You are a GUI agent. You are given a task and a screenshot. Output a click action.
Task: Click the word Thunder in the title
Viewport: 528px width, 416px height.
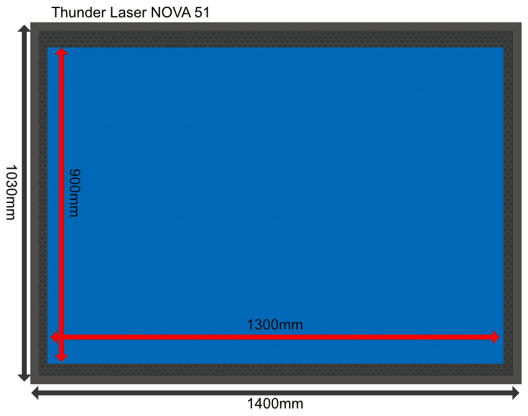point(79,12)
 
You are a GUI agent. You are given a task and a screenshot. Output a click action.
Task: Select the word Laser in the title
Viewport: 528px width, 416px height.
point(128,12)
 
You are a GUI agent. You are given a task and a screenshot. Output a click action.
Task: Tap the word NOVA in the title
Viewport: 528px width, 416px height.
point(170,12)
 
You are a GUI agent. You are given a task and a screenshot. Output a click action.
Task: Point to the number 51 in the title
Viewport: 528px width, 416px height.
point(202,12)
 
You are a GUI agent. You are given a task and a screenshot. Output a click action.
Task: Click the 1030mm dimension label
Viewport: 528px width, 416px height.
point(11,192)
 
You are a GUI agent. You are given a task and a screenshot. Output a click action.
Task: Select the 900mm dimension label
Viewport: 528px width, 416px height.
point(75,193)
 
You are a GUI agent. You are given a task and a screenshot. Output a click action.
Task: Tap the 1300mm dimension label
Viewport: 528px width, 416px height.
point(275,324)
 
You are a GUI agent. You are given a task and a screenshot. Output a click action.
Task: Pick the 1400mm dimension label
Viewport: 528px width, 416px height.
point(275,403)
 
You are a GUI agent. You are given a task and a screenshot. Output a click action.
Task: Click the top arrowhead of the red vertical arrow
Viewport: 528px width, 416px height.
point(62,51)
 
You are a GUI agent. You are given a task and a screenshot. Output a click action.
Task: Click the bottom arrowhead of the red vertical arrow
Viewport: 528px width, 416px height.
point(62,358)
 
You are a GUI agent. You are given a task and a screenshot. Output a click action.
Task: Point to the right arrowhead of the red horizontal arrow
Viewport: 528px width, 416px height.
point(496,337)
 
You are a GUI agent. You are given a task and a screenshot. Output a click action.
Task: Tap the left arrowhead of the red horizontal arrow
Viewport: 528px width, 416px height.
point(54,337)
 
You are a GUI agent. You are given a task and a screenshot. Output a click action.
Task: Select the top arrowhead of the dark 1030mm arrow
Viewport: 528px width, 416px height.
point(24,28)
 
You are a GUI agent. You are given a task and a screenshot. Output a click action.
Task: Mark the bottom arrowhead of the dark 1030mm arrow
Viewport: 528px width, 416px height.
point(24,377)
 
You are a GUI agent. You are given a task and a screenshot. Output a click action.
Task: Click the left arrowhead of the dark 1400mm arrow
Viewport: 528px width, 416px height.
point(35,393)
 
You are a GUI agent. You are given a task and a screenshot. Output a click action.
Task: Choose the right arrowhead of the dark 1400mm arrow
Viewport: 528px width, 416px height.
point(516,393)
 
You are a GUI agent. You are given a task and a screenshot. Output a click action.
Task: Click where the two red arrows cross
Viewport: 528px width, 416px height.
point(62,337)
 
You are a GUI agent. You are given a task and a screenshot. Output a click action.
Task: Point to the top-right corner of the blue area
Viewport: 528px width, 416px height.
point(503,47)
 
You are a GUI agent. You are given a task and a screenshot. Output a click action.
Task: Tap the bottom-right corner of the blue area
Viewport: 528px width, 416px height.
point(503,364)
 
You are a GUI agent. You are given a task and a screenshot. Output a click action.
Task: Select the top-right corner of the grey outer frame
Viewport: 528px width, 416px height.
point(521,23)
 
